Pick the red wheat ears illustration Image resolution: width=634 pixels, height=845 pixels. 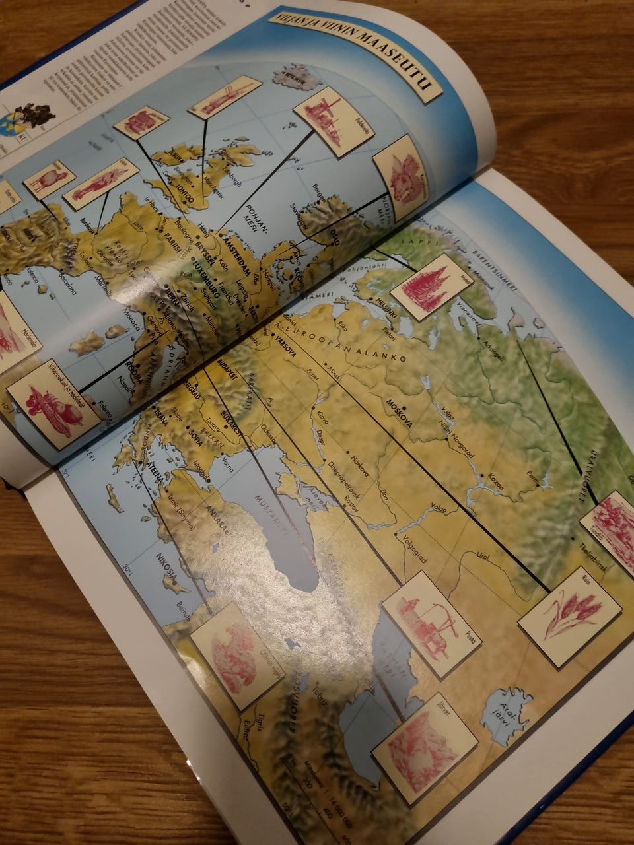click(x=569, y=615)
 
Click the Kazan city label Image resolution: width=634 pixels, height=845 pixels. click(x=496, y=485)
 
